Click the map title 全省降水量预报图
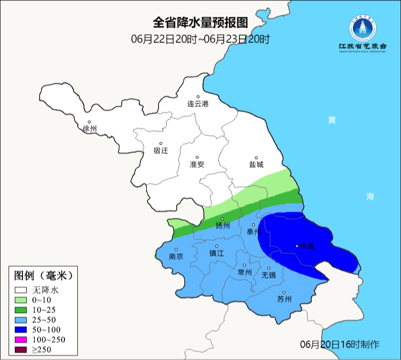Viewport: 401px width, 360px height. pyautogui.click(x=200, y=22)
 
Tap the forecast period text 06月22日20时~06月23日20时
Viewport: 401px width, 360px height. pyautogui.click(x=200, y=39)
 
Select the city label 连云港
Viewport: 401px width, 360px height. pyautogui.click(x=198, y=104)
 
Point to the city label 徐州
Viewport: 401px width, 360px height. pyautogui.click(x=89, y=129)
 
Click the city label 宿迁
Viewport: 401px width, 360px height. pyautogui.click(x=161, y=150)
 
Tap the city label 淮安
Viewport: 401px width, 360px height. pyautogui.click(x=197, y=164)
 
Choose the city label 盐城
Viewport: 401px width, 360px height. pyautogui.click(x=256, y=164)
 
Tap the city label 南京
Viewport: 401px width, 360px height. pyautogui.click(x=176, y=256)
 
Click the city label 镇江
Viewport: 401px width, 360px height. pyautogui.click(x=217, y=254)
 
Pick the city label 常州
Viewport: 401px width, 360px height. pyautogui.click(x=244, y=272)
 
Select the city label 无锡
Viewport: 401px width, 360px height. pyautogui.click(x=268, y=275)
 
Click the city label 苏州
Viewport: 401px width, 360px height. pyautogui.click(x=284, y=299)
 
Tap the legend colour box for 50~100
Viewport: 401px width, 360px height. pyautogui.click(x=21, y=329)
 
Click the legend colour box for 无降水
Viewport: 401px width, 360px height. pyautogui.click(x=21, y=290)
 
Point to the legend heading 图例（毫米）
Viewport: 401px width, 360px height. pyautogui.click(x=43, y=275)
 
